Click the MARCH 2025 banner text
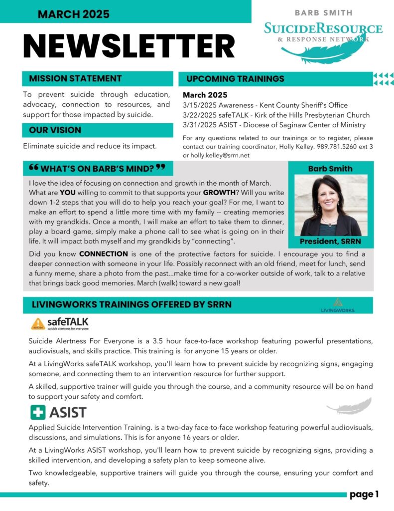tap(74, 14)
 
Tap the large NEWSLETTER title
tap(129, 47)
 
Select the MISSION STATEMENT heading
tap(75, 78)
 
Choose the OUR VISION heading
tap(55, 130)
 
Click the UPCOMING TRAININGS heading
tap(235, 79)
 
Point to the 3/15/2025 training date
tap(200, 106)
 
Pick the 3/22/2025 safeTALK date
tap(200, 115)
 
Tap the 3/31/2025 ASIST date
tap(200, 125)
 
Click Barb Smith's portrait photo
tap(331, 205)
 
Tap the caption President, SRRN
tap(330, 242)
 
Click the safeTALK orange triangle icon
tap(38, 324)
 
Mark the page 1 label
tap(364, 495)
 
